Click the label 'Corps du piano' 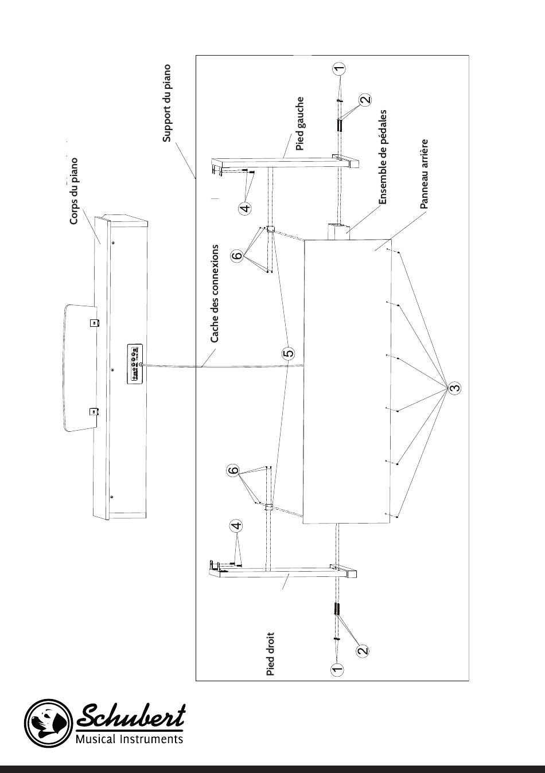[x=74, y=191]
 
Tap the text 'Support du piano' [x=167, y=103]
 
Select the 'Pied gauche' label [x=300, y=123]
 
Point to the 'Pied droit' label [x=270, y=654]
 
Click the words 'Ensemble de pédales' [x=383, y=157]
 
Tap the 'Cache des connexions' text [x=215, y=294]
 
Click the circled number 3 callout [x=456, y=387]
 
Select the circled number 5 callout [x=289, y=353]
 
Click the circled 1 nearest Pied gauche [x=339, y=68]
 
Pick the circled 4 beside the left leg [x=245, y=208]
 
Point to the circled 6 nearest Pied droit [x=233, y=470]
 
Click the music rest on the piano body [x=80, y=368]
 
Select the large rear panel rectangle [x=347, y=381]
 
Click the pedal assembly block [x=338, y=231]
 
